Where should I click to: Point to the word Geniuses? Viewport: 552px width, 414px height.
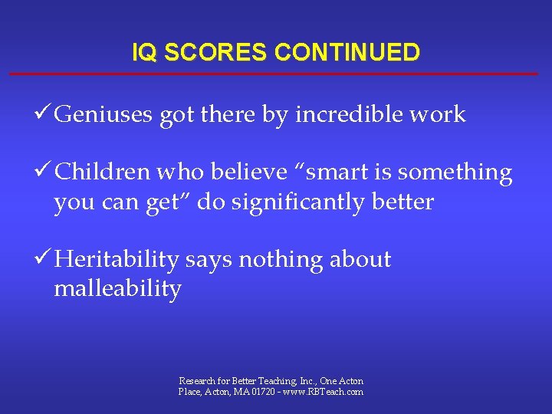pos(104,115)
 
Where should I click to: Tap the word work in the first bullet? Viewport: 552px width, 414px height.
pos(438,115)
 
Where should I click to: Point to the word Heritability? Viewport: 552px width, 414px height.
pos(117,260)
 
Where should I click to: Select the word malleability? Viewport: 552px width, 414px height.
pos(117,289)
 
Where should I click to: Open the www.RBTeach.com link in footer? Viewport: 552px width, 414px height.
pos(324,392)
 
